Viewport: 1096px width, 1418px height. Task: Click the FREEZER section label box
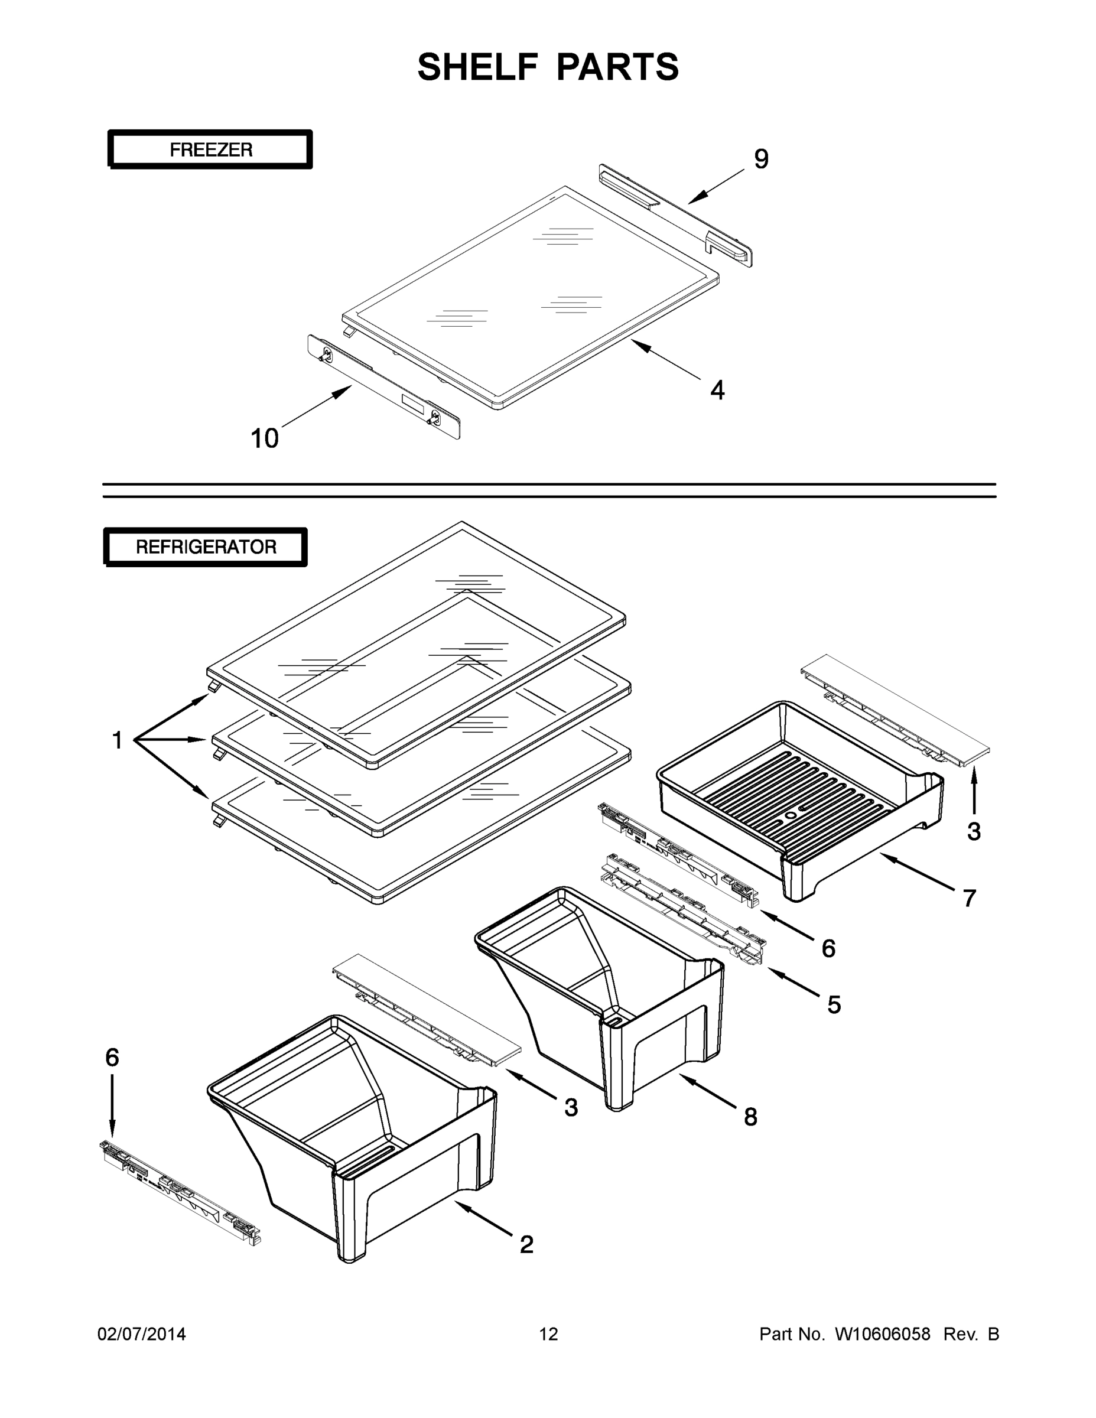[x=210, y=150]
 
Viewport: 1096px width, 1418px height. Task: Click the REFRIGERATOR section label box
[x=206, y=547]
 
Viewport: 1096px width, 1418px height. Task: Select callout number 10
[x=265, y=439]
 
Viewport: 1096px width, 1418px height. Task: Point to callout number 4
[x=717, y=390]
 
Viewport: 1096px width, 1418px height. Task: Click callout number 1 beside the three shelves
[x=118, y=740]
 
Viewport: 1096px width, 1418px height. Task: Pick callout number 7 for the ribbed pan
[x=969, y=899]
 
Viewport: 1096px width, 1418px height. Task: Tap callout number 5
[x=834, y=1005]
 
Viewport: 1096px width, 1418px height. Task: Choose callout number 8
[x=750, y=1117]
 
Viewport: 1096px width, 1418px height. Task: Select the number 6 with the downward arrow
[x=112, y=1058]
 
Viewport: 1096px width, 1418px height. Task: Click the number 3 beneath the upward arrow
[x=974, y=832]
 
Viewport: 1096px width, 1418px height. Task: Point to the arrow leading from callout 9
[x=716, y=186]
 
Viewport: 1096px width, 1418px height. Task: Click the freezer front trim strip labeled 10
[x=383, y=388]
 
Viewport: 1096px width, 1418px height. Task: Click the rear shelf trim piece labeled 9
[x=675, y=214]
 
